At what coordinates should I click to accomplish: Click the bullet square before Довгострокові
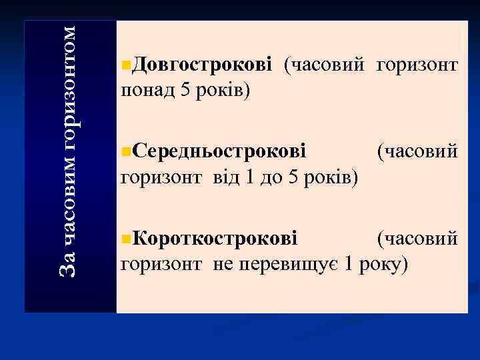tap(127, 65)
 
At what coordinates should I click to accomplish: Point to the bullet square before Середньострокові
tap(127, 152)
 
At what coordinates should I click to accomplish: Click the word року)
tap(383, 264)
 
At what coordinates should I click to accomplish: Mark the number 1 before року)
tap(349, 264)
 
